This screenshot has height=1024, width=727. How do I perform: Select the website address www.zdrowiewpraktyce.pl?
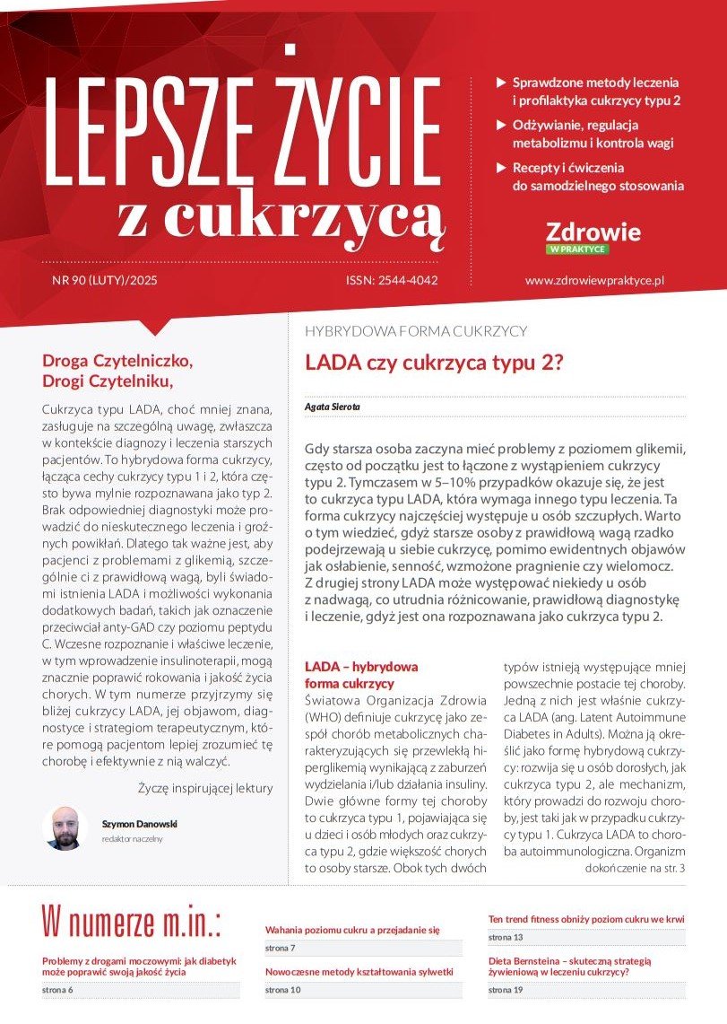[x=593, y=281]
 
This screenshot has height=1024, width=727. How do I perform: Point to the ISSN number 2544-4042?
[x=392, y=281]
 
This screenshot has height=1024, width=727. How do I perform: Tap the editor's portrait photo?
[x=65, y=827]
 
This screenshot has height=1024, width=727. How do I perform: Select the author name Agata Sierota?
[x=333, y=407]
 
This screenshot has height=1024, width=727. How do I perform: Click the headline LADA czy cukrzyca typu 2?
[x=433, y=363]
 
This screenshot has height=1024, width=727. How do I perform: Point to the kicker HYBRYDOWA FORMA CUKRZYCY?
[x=416, y=331]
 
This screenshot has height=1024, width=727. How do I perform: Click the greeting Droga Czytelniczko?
[x=117, y=362]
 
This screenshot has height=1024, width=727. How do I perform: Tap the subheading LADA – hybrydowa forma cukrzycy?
[x=361, y=675]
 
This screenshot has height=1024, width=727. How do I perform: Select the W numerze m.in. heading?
[x=131, y=922]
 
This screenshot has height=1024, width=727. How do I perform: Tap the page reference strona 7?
[x=280, y=948]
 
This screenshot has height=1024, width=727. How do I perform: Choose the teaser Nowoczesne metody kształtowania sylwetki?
[x=359, y=972]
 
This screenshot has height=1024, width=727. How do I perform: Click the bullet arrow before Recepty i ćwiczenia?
[x=501, y=168]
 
